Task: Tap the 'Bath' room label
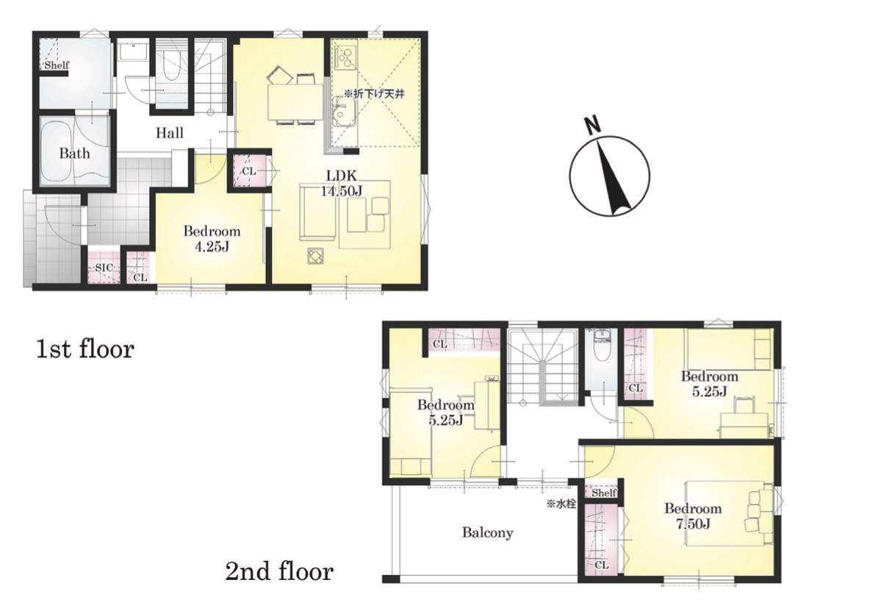pyautogui.click(x=74, y=153)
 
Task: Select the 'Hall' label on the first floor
pyautogui.click(x=169, y=133)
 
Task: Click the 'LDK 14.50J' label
pyautogui.click(x=341, y=183)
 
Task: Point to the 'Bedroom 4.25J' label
pyautogui.click(x=212, y=239)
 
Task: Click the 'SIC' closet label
pyautogui.click(x=104, y=268)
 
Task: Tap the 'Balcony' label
pyautogui.click(x=487, y=532)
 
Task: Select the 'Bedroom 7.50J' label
pyautogui.click(x=693, y=516)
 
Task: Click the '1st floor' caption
pyautogui.click(x=85, y=349)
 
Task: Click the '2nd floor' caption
pyautogui.click(x=279, y=571)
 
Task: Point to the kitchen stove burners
pyautogui.click(x=345, y=57)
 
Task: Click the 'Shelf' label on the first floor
pyautogui.click(x=57, y=65)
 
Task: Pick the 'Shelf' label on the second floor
pyautogui.click(x=604, y=493)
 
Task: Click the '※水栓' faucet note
pyautogui.click(x=561, y=504)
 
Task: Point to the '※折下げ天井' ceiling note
pyautogui.click(x=374, y=94)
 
